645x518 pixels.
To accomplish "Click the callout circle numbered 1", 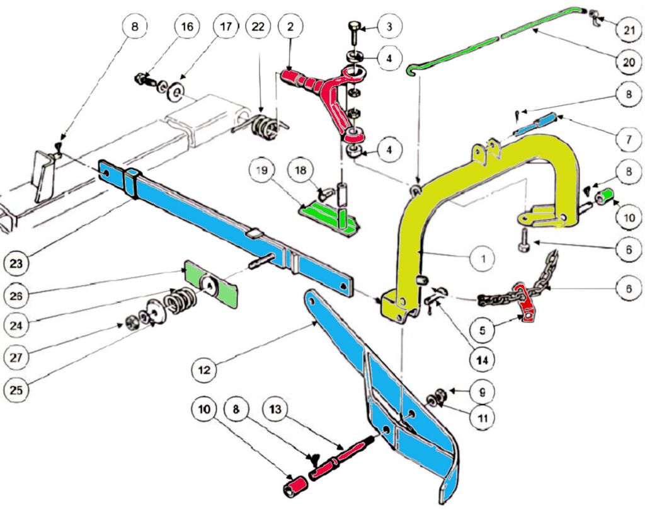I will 483,258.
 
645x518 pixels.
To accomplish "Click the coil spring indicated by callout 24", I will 181,299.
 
